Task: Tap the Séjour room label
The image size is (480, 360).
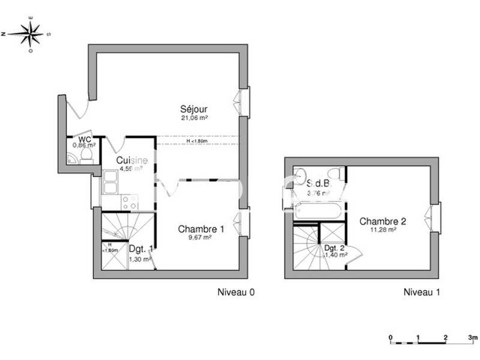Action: coord(194,109)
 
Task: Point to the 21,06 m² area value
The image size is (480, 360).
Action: coord(194,118)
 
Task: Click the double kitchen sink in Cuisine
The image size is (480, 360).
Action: coord(111,182)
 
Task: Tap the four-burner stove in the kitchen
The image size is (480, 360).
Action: coord(130,202)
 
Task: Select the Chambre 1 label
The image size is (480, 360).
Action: coord(201,229)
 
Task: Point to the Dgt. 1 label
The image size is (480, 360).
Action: coord(141,248)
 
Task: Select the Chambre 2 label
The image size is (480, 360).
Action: coord(383,221)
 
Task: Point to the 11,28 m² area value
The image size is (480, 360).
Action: coord(383,230)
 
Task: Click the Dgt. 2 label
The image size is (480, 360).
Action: coord(334,247)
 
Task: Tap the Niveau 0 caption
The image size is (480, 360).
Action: coord(236,293)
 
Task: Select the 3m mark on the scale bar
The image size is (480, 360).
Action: coord(473,338)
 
